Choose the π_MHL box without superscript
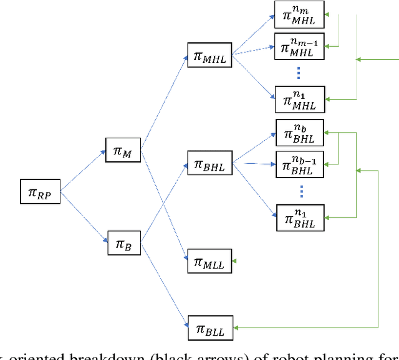(209, 57)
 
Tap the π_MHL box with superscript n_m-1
(299, 46)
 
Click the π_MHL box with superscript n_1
(299, 98)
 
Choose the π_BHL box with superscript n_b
(300, 133)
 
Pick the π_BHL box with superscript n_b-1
(300, 164)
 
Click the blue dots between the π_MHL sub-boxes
(299, 72)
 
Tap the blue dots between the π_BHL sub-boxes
(300, 190)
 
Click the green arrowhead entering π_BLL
(237, 327)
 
